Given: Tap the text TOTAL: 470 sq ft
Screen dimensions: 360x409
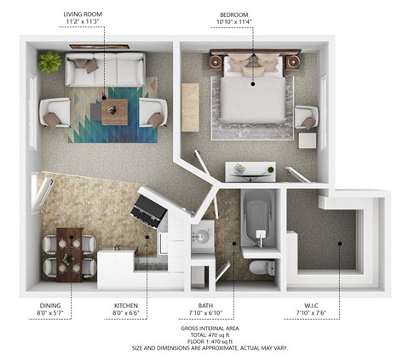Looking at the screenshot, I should (204, 334).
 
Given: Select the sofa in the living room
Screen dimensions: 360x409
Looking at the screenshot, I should (106, 71).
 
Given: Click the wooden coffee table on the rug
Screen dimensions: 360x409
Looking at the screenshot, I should (114, 111).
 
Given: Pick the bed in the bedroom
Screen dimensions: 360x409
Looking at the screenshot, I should (251, 94).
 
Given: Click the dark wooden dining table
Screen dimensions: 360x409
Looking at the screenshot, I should (71, 253).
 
